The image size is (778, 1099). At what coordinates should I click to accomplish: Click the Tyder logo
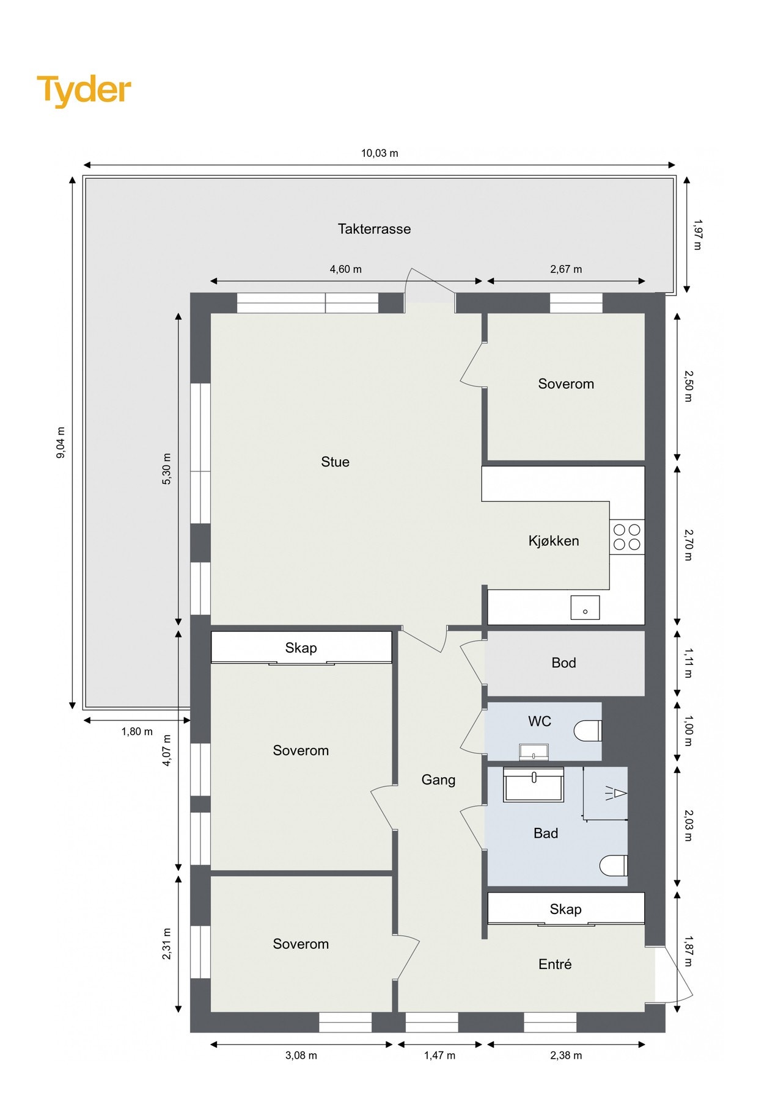click(84, 90)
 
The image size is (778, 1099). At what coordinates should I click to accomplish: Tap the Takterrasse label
click(374, 229)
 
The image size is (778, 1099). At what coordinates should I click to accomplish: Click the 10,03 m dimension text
click(379, 153)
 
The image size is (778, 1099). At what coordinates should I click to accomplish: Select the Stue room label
click(335, 462)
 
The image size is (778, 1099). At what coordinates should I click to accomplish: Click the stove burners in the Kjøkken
click(626, 537)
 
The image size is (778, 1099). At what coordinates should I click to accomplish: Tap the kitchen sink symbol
click(585, 608)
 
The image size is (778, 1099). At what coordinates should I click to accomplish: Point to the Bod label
click(563, 663)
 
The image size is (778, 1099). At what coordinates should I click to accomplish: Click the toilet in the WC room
click(589, 731)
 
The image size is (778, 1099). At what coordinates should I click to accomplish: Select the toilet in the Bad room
click(614, 865)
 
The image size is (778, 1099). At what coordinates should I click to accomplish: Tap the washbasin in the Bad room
click(534, 785)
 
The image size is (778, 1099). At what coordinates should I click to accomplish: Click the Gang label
click(438, 780)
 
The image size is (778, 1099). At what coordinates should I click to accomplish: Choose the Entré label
click(555, 964)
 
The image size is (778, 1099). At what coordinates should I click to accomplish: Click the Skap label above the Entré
click(565, 909)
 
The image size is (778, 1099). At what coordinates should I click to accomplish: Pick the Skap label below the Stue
click(301, 648)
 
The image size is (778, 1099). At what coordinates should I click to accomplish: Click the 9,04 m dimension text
click(61, 443)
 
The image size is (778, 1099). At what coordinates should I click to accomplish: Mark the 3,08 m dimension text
click(301, 1056)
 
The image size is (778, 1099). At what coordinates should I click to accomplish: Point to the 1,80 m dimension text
click(137, 731)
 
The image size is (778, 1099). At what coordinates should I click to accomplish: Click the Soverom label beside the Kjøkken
click(566, 384)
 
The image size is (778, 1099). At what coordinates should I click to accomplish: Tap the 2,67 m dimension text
click(566, 269)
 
